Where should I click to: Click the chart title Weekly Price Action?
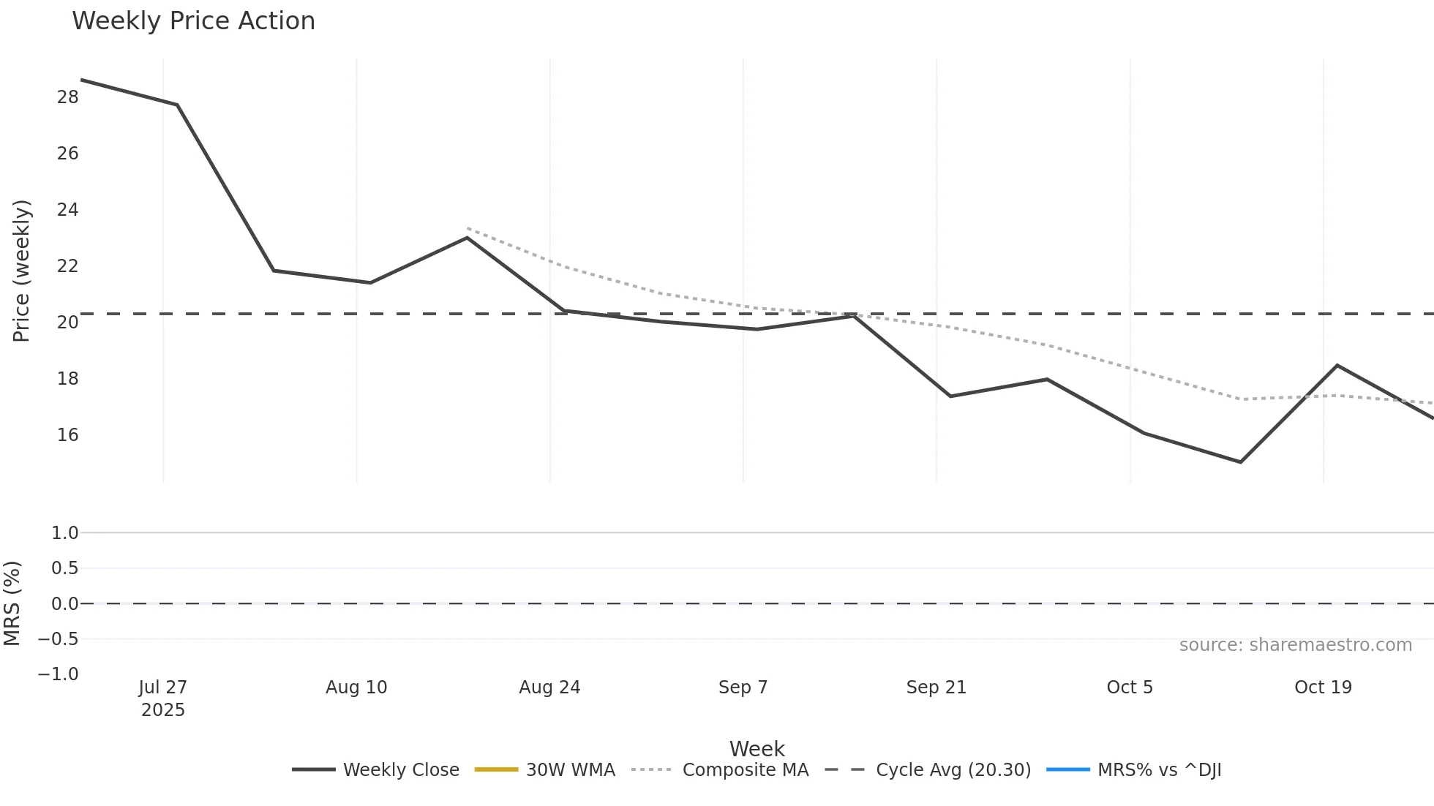pyautogui.click(x=193, y=21)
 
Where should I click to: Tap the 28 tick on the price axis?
pyautogui.click(x=67, y=97)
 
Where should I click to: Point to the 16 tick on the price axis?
pyautogui.click(x=67, y=435)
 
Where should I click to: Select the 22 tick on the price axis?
pyautogui.click(x=67, y=266)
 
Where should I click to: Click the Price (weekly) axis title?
pyautogui.click(x=21, y=271)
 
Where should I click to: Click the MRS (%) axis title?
pyautogui.click(x=12, y=603)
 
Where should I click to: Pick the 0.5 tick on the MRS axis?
pyautogui.click(x=64, y=568)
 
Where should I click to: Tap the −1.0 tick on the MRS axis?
pyautogui.click(x=59, y=674)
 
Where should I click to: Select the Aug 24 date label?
pyautogui.click(x=549, y=688)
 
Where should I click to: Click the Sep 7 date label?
pyautogui.click(x=743, y=688)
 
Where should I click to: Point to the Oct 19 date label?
pyautogui.click(x=1323, y=688)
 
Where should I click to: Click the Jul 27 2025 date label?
pyautogui.click(x=163, y=698)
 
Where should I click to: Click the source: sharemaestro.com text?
pyautogui.click(x=1295, y=645)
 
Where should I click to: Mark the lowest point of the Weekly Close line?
pyautogui.click(x=1240, y=462)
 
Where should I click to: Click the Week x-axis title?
pyautogui.click(x=757, y=749)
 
